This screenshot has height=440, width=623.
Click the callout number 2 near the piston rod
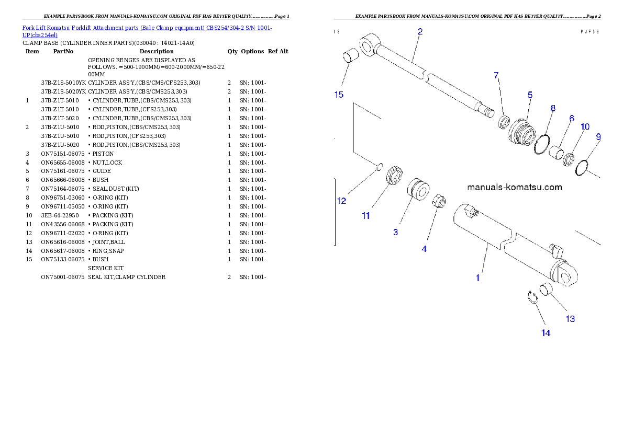click(x=420, y=31)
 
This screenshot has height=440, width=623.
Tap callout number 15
click(x=339, y=95)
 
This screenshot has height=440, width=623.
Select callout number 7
click(x=496, y=75)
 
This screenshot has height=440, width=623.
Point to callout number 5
click(x=530, y=95)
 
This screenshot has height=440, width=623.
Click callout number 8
click(x=552, y=108)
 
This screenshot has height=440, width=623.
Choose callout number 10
click(x=585, y=126)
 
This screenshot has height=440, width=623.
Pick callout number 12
click(x=341, y=201)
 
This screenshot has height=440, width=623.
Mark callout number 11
click(x=366, y=215)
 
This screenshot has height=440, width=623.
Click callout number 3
click(x=395, y=232)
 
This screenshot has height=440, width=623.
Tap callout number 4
click(x=424, y=249)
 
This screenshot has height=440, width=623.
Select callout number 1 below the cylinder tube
click(x=477, y=278)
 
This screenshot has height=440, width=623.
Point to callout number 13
click(x=570, y=319)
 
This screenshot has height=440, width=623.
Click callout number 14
click(x=546, y=333)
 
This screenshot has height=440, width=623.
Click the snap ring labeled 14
click(x=532, y=296)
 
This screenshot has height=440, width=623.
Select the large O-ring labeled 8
click(x=542, y=145)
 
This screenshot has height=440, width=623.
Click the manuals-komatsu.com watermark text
click(x=514, y=187)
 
